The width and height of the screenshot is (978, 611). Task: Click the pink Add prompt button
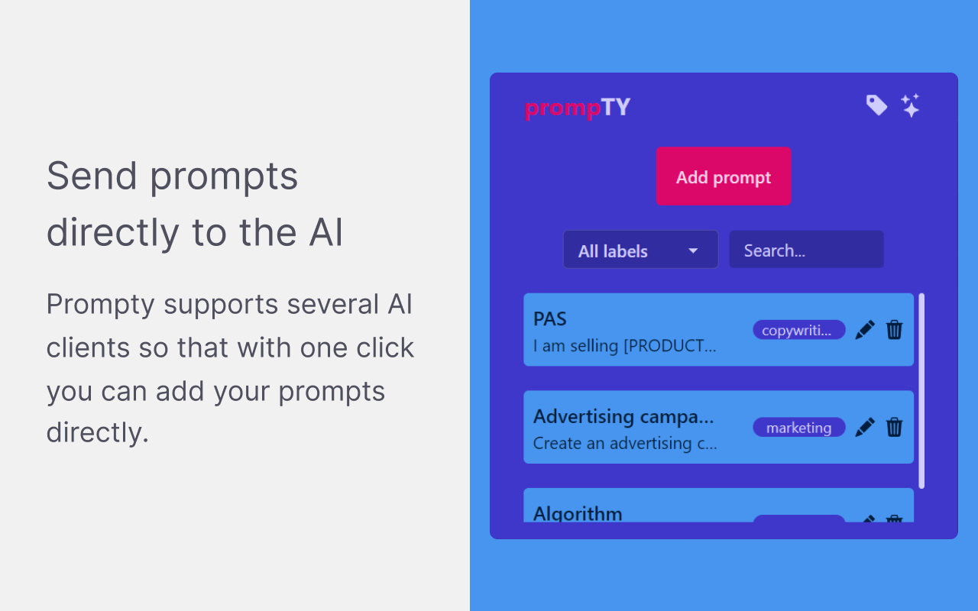(x=724, y=176)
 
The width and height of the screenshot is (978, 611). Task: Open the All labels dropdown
(x=640, y=250)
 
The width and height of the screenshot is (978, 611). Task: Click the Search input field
(x=806, y=250)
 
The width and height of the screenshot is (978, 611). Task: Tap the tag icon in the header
(x=876, y=105)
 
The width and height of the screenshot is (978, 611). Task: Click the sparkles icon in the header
(x=910, y=105)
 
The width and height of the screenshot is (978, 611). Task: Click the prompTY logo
(x=578, y=108)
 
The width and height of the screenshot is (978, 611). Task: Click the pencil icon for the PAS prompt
(x=865, y=330)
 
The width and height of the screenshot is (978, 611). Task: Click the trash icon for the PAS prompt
(x=894, y=330)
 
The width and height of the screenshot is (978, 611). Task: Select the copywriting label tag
(x=798, y=330)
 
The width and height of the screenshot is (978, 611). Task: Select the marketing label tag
(x=798, y=428)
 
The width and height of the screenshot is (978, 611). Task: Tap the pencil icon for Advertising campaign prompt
(x=865, y=428)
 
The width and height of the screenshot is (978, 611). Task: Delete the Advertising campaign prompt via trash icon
(x=894, y=428)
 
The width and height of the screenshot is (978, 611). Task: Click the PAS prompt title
(x=550, y=319)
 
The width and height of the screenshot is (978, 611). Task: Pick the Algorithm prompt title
(x=578, y=513)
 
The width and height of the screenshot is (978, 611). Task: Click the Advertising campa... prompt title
(x=623, y=417)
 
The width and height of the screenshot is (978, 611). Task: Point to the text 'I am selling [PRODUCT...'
(x=624, y=346)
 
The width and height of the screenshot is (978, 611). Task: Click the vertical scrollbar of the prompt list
(x=921, y=390)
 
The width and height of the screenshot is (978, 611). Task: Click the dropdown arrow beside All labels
(x=693, y=251)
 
